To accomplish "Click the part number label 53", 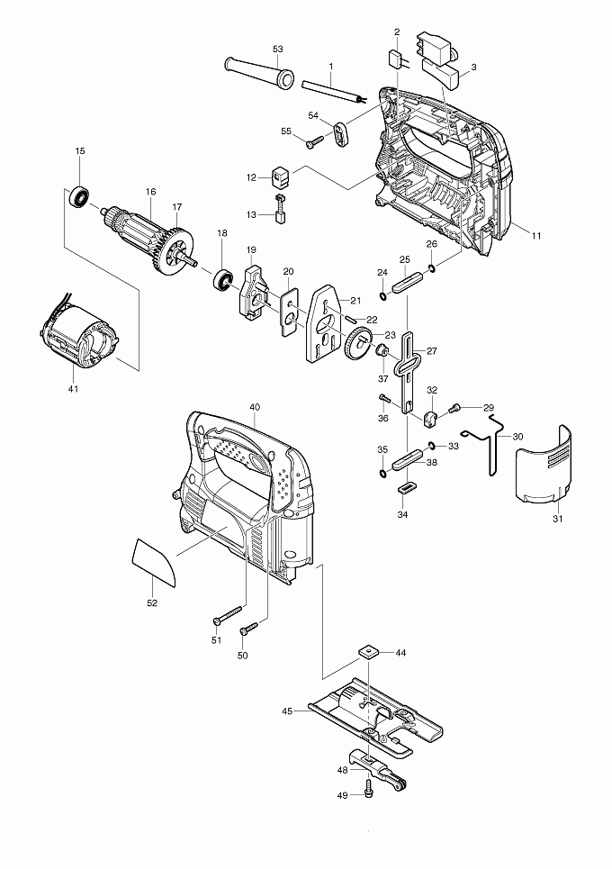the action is [277, 50].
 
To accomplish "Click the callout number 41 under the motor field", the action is [73, 388].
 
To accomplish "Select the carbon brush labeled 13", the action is [280, 210].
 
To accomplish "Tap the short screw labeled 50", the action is [249, 628].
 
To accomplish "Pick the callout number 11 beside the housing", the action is [535, 236].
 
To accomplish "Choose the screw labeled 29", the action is [455, 409].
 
